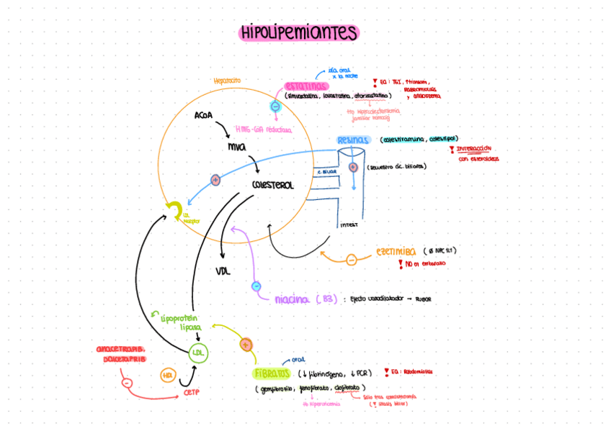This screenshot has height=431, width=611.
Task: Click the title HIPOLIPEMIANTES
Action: click(x=299, y=33)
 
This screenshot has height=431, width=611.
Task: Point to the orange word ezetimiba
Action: click(x=396, y=252)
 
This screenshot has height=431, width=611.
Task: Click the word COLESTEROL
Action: click(x=273, y=186)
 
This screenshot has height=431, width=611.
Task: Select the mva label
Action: click(x=236, y=147)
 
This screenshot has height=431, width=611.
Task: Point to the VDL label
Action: click(x=223, y=271)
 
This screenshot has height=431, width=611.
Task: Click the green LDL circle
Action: click(x=197, y=353)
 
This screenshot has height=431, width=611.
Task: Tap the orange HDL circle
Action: click(x=168, y=375)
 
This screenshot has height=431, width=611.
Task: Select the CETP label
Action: click(x=192, y=393)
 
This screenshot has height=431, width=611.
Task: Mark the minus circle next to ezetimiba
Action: click(x=351, y=259)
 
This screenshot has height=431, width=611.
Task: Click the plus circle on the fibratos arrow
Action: click(x=246, y=344)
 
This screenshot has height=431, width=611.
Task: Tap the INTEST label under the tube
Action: click(x=349, y=224)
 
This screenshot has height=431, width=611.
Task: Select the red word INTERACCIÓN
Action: click(x=473, y=149)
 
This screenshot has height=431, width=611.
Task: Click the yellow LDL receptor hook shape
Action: click(x=174, y=209)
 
